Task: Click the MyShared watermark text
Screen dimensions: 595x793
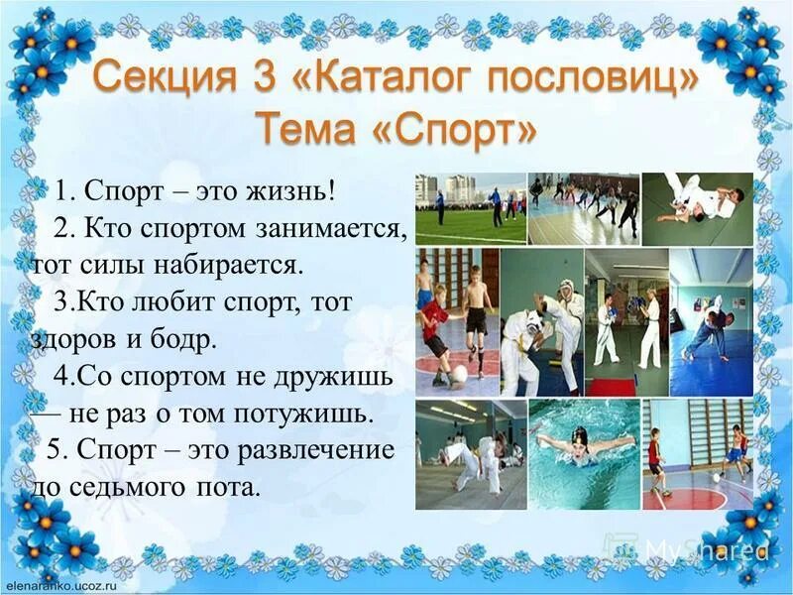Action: click(705, 550)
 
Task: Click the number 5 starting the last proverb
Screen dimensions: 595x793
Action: click(56, 450)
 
